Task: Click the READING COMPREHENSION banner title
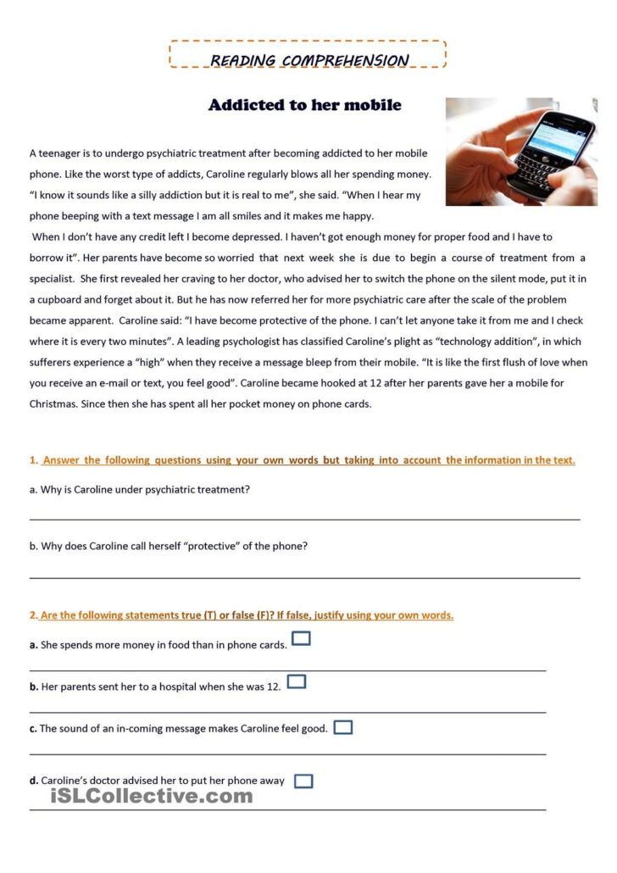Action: [308, 60]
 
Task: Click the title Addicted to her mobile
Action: [304, 105]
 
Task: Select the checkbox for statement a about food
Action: [301, 638]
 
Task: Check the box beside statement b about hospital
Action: [296, 681]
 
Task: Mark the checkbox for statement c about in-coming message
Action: [342, 727]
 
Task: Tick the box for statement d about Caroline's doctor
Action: [303, 781]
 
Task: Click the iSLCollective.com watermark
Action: [152, 796]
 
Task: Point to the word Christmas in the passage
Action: [53, 404]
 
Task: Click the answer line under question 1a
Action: [305, 517]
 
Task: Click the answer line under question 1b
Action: [305, 576]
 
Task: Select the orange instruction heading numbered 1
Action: [303, 460]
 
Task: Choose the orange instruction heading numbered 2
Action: [242, 615]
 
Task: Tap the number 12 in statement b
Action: [273, 687]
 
